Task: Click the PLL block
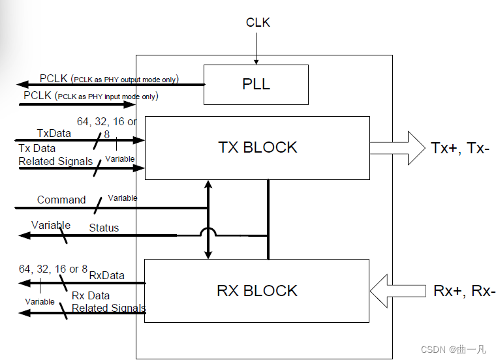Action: (256, 85)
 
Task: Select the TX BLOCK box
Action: (257, 147)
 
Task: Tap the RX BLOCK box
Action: (257, 290)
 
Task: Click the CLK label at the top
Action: (258, 23)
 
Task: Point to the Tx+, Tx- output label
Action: (460, 147)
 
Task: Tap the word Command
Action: (61, 200)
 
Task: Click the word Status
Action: (104, 228)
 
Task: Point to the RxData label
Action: (106, 275)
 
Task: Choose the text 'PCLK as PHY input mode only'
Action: (107, 97)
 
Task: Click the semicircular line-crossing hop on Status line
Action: (208, 232)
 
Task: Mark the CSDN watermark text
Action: (453, 349)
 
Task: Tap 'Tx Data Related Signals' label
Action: (55, 155)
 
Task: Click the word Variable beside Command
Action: (122, 198)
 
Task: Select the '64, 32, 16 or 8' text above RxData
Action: (53, 269)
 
